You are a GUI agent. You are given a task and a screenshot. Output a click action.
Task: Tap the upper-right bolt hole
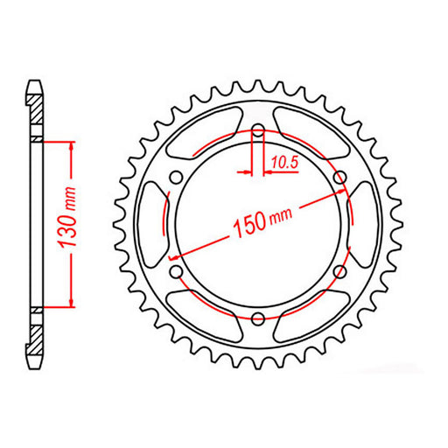(339, 178)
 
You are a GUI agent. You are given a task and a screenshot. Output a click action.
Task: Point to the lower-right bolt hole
(339, 272)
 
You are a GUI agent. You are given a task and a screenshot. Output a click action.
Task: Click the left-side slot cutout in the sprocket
(150, 225)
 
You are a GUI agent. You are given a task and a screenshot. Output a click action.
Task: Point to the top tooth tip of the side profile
(35, 84)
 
